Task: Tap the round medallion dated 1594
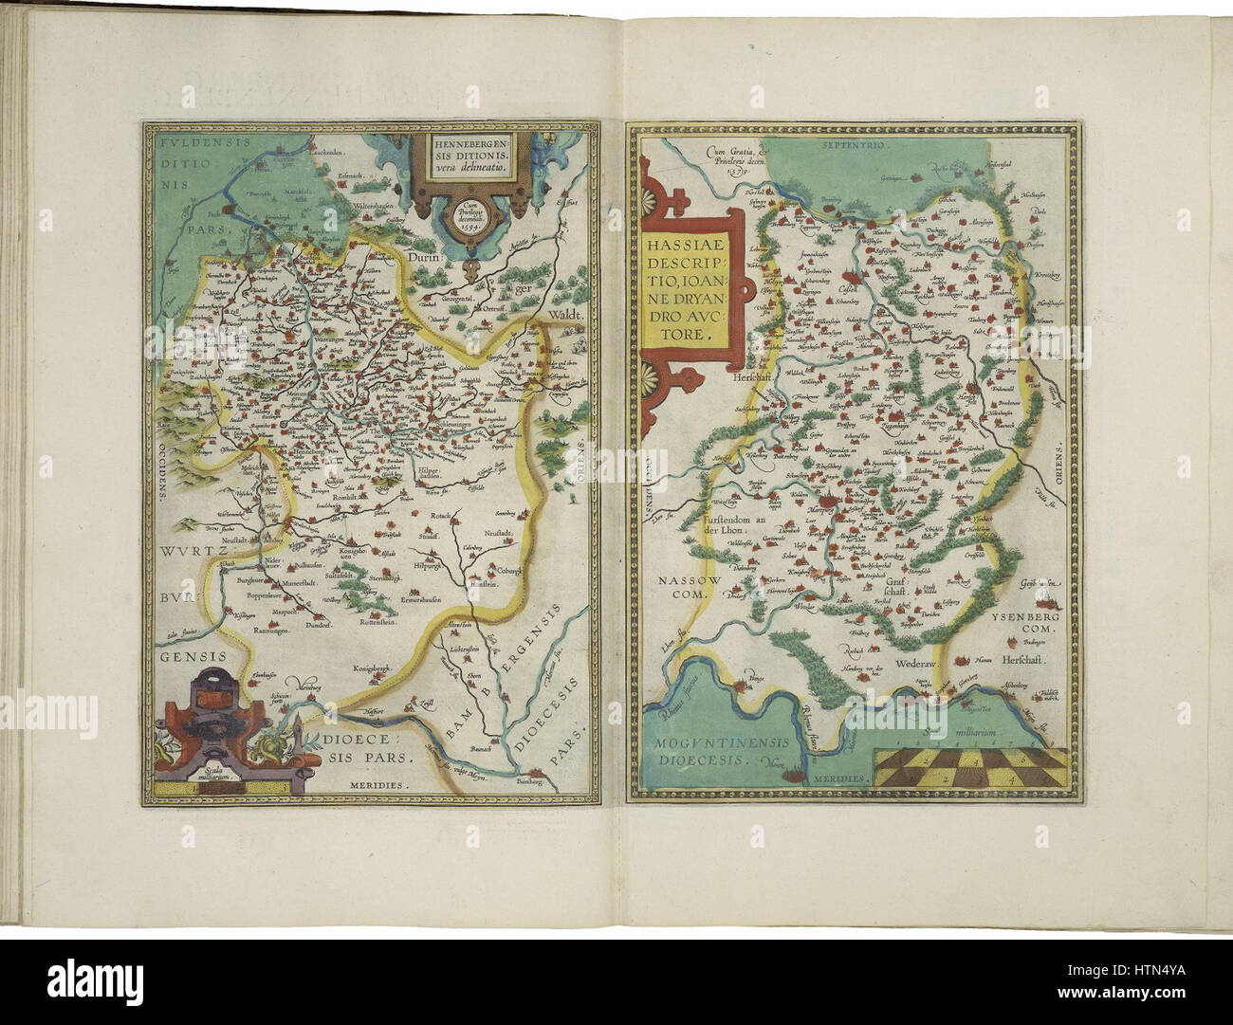click(x=471, y=216)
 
